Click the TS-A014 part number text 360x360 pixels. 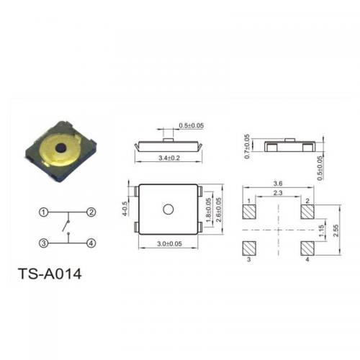(50, 274)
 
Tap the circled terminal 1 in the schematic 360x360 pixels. (43, 212)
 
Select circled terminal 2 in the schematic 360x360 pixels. (91, 212)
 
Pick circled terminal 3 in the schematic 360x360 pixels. (43, 243)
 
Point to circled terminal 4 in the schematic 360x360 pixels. (91, 243)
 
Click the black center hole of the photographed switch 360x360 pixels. (60, 148)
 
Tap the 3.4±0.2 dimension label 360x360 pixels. (169, 158)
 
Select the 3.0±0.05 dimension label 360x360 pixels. (169, 244)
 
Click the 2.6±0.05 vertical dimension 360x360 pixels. (219, 210)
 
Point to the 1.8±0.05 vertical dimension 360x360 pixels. (209, 210)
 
